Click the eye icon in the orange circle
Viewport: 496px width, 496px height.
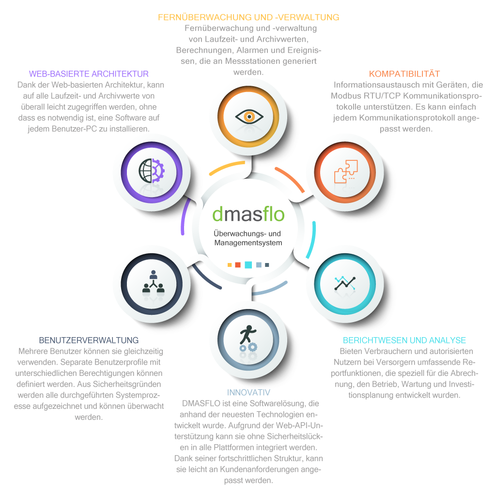pyautogui.click(x=249, y=116)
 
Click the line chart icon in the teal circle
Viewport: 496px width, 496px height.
pyautogui.click(x=345, y=283)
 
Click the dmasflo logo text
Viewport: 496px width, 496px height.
pyautogui.click(x=248, y=214)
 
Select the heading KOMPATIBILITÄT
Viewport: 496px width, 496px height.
pyautogui.click(x=404, y=74)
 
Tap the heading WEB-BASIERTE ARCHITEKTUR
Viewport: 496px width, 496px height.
pyautogui.click(x=89, y=74)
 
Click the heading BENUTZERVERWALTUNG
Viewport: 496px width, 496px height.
pyautogui.click(x=89, y=341)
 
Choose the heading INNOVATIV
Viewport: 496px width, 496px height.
pyautogui.click(x=248, y=392)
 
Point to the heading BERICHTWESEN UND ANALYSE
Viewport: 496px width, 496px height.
pyautogui.click(x=404, y=341)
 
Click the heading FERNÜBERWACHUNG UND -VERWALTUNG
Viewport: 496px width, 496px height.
pyautogui.click(x=248, y=17)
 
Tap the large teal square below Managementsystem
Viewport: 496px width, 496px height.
pyautogui.click(x=248, y=265)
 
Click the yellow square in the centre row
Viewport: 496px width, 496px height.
pyautogui.click(x=230, y=265)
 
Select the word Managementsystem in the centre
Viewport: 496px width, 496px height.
pyautogui.click(x=248, y=243)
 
